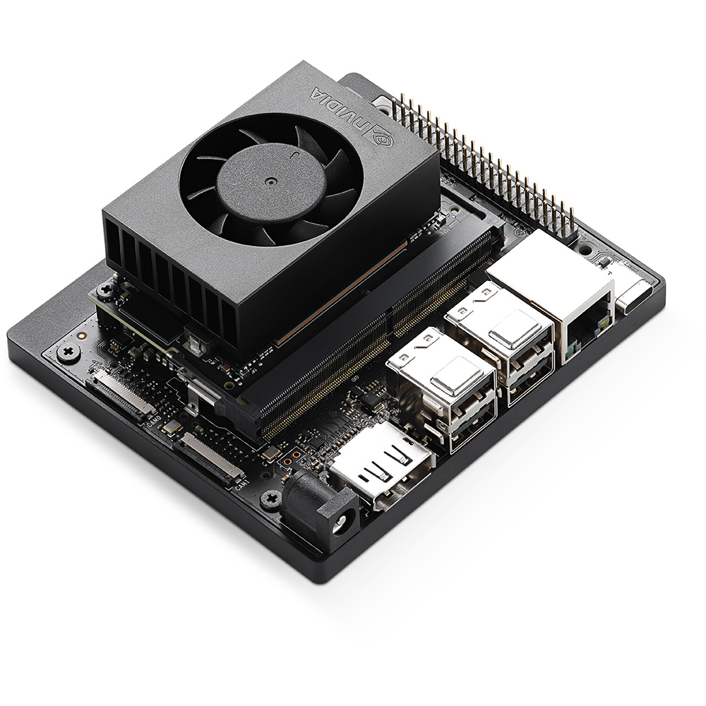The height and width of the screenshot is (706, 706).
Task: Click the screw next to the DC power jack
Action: (270, 500)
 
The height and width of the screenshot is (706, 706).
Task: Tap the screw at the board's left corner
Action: (68, 351)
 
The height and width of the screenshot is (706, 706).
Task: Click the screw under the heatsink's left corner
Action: (108, 289)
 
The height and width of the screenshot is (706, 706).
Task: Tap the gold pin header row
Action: (487, 162)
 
